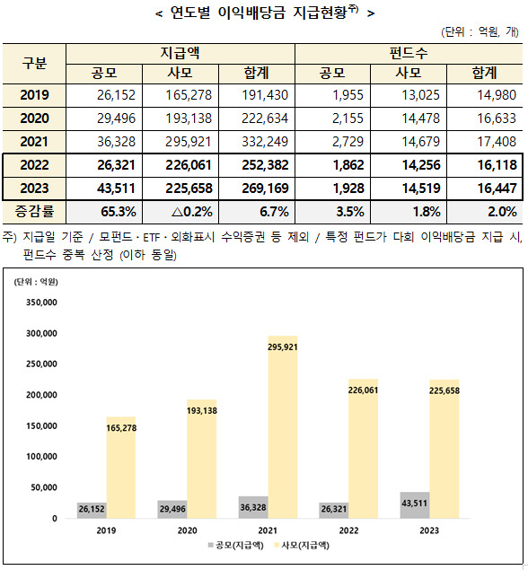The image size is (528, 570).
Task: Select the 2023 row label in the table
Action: coord(34,189)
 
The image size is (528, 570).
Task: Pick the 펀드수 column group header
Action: coord(409,54)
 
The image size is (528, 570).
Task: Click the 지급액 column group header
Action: coord(180,54)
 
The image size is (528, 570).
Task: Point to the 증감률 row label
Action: coord(34,212)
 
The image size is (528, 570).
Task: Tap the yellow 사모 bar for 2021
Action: coord(283,426)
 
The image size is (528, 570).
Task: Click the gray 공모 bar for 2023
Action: coord(415,505)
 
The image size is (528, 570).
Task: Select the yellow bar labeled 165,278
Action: coord(121,468)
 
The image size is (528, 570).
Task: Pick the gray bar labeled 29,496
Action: coord(172,509)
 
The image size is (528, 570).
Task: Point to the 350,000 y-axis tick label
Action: coord(41,303)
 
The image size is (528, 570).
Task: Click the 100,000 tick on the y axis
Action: coord(41,457)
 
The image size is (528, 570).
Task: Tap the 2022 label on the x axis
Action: coord(348,531)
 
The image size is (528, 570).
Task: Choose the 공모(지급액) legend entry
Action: coord(235,545)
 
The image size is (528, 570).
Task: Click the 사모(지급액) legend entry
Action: coord(302,545)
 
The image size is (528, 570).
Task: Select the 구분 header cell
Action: coord(34,63)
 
